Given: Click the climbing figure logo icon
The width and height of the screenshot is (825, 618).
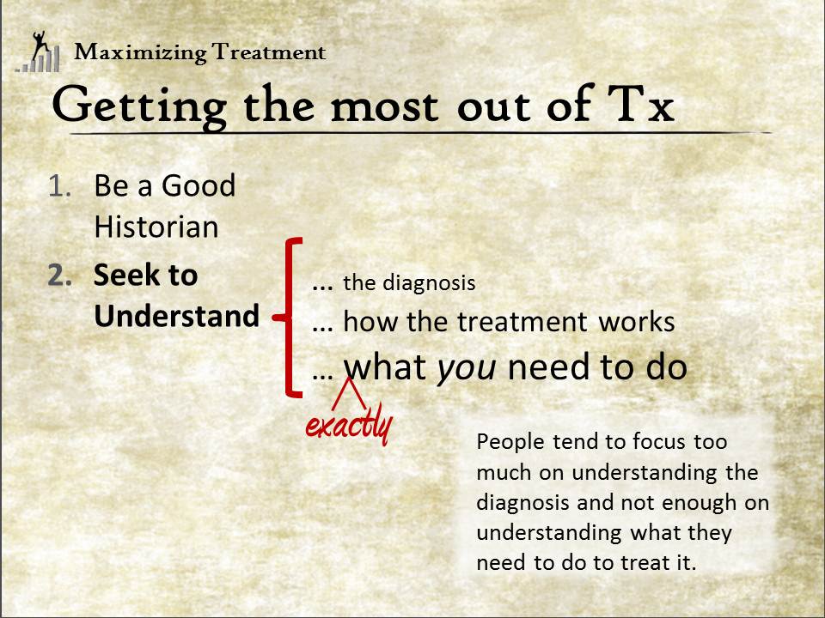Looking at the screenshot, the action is coord(38,51).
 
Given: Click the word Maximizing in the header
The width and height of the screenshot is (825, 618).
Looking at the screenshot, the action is coord(140,53).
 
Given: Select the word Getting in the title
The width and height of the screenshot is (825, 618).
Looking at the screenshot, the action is coord(139,106).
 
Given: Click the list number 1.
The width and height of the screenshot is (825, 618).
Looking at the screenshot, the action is coord(59,186).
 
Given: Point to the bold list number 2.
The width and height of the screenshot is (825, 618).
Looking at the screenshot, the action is coord(59,276).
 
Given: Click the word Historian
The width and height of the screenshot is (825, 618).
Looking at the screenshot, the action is coord(156,227).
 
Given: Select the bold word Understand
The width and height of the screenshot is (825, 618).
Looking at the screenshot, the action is coord(177,316).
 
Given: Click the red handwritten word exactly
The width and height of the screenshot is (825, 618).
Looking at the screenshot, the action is coord(349,427).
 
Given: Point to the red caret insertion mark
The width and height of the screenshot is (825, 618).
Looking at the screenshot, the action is coord(350,393).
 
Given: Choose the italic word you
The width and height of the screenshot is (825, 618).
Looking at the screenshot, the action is coord(467,368).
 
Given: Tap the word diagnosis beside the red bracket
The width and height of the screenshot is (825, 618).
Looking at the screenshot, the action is coord(430,282).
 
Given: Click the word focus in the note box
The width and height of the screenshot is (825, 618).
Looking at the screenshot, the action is coord(659,441).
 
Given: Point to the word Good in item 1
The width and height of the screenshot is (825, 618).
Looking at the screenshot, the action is coord(199,185).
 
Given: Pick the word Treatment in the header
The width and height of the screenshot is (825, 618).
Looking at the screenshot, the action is coord(269,52).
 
